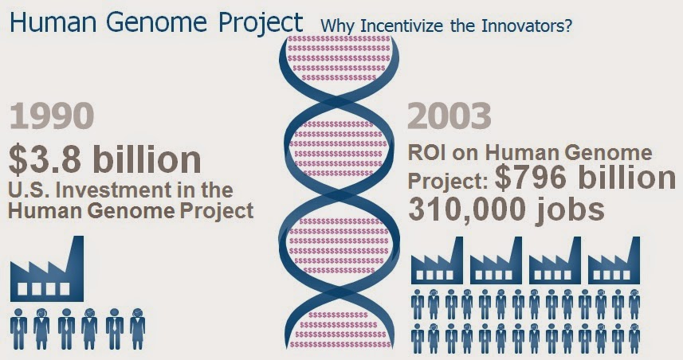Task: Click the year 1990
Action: point(51,115)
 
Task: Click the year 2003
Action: point(449,115)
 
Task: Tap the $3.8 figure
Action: point(45,159)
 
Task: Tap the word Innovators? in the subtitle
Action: point(526,26)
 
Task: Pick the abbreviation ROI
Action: point(427,153)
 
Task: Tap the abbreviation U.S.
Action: point(29,190)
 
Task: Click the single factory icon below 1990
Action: point(46,268)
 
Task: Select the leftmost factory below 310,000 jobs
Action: point(437,260)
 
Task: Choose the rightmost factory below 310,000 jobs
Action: point(614,260)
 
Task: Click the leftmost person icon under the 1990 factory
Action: point(18,329)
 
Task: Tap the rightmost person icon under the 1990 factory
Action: point(137,329)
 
